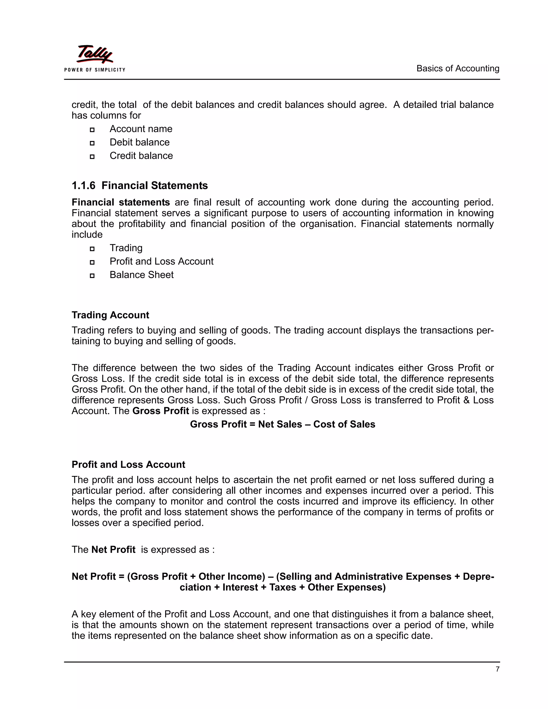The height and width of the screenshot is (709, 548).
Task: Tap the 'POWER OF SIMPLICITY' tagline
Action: pos(94,70)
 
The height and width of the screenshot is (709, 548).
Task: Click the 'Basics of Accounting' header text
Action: pos(458,68)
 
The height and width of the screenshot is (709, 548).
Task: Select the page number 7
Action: pos(497,669)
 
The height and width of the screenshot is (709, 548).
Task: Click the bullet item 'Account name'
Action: pos(141,129)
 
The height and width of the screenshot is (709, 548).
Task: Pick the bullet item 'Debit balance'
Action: pos(140,142)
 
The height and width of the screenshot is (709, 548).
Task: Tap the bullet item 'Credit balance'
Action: pos(141,155)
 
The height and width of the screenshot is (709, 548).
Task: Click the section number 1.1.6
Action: pos(83,186)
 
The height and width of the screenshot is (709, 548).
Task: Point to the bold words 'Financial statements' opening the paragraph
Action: pos(121,202)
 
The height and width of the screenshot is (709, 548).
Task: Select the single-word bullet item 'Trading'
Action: pos(126,248)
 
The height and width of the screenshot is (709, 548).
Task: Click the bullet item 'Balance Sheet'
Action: pos(142,275)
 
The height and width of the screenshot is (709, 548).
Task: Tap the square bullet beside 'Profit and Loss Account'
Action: pos(92,262)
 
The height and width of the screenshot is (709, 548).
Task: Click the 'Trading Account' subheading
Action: pos(111,315)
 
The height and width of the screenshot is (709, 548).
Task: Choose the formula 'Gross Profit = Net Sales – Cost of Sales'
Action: pos(283,424)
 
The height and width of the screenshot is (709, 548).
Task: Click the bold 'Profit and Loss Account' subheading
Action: pos(128,464)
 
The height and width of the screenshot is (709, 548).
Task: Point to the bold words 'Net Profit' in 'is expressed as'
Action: pos(113,550)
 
